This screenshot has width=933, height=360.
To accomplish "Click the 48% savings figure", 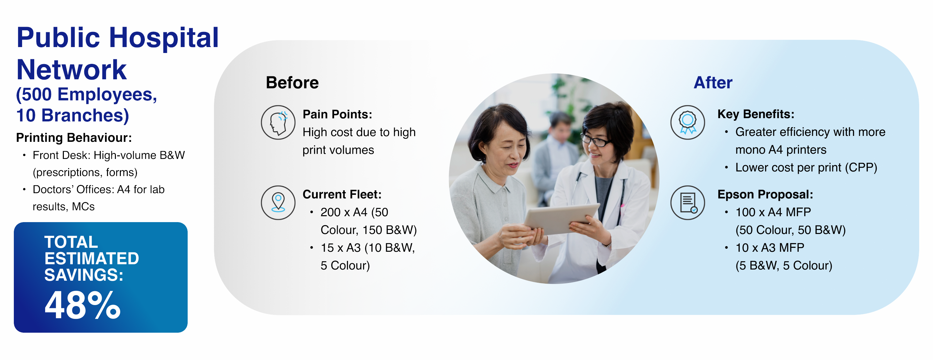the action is [x=82, y=305].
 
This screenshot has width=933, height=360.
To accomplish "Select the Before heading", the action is [x=292, y=83].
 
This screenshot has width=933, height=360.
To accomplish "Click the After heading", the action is [x=713, y=83].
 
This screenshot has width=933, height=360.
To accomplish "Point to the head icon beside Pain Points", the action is [x=278, y=122].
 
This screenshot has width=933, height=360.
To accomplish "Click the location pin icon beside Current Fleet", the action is [x=278, y=203].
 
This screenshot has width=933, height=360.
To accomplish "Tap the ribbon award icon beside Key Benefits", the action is [x=687, y=122].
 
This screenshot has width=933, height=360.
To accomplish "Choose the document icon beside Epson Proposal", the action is [x=687, y=203].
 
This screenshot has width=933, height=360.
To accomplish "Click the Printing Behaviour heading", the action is [x=74, y=138].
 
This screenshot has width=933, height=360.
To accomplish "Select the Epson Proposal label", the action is [x=765, y=194].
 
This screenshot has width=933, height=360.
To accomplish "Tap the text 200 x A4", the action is [x=344, y=212].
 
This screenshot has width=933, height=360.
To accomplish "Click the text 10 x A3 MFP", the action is [x=770, y=248].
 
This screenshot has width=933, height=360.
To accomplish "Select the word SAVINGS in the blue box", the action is [x=84, y=275].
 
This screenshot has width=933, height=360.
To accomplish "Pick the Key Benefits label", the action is [x=756, y=114].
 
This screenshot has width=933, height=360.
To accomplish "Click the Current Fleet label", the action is [x=342, y=194].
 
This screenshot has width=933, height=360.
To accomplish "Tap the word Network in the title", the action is [x=72, y=69].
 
